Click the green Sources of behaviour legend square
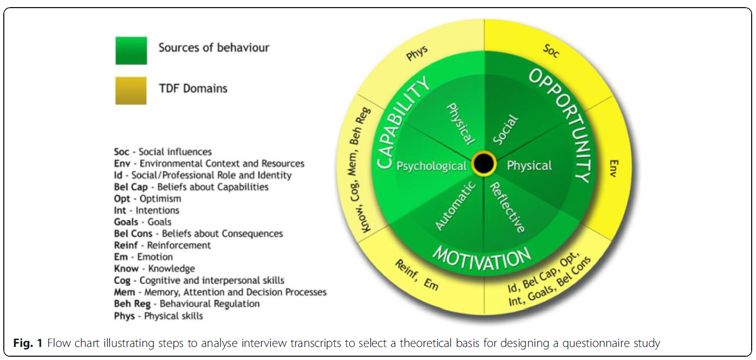(131, 51)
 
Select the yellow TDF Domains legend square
(131, 90)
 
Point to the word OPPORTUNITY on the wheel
(566, 126)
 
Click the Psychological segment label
(431, 166)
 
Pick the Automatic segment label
(455, 206)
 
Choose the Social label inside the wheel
(505, 130)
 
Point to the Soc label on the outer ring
(551, 51)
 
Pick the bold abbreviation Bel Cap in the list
(131, 187)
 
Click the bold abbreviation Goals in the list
(126, 222)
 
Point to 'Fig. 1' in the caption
(27, 343)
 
